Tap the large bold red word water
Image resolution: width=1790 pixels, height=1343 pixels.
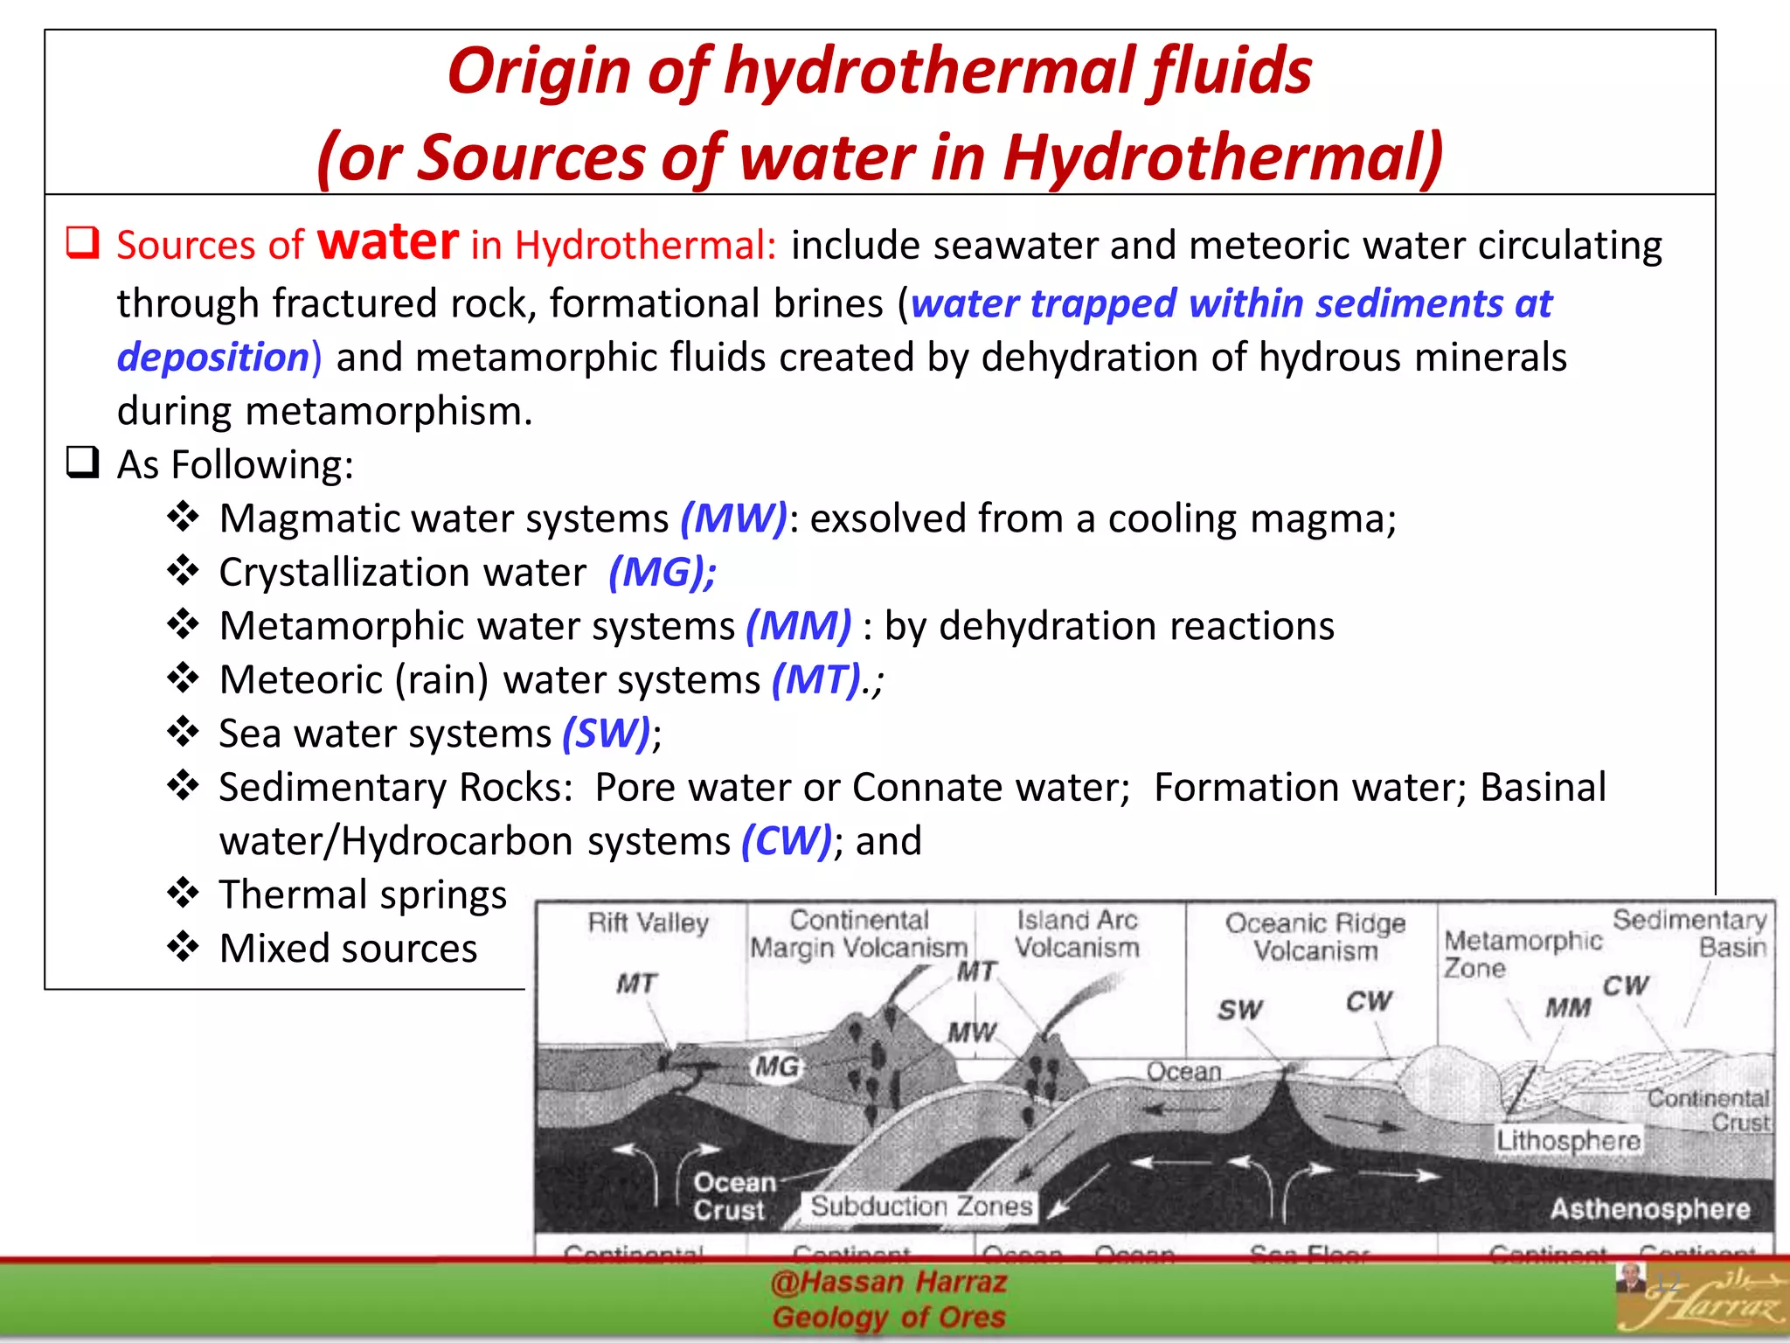pos(387,241)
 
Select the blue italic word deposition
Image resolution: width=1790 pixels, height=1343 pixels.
pos(213,358)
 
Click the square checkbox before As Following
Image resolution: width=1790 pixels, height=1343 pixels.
pos(83,462)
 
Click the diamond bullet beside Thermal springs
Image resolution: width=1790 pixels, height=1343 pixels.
pos(184,894)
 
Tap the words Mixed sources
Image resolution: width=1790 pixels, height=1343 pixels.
pos(348,949)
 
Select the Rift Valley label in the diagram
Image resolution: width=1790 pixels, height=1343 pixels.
pos(648,923)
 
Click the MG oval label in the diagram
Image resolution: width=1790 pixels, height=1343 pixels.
pos(776,1067)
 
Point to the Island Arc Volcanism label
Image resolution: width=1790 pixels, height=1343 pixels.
pos(1077,934)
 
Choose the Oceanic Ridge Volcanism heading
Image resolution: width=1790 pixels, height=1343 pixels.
pos(1315,936)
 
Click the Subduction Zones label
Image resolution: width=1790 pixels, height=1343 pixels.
pos(921,1207)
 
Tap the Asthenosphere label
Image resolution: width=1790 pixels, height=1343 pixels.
pos(1650,1209)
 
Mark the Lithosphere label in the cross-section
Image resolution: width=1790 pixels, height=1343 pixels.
pos(1569,1140)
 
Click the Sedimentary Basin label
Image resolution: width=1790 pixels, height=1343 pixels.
pos(1689,934)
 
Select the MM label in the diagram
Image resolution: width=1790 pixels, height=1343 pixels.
pos(1568,1008)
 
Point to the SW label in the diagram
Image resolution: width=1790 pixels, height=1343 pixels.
pos(1239,1011)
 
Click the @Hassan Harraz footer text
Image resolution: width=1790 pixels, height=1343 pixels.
pos(889,1283)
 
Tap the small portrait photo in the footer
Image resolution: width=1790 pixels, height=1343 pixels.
pos(1629,1277)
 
